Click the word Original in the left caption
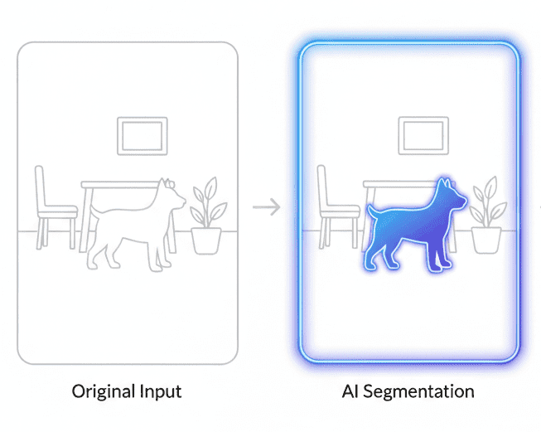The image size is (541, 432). (x=104, y=391)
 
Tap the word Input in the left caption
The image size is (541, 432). (x=161, y=391)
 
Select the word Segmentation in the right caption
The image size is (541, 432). (x=418, y=391)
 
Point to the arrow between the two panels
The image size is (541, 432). (x=267, y=206)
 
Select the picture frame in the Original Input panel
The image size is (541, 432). (x=142, y=118)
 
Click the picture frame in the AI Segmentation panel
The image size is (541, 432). (x=423, y=118)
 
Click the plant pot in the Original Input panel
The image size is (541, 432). (x=206, y=240)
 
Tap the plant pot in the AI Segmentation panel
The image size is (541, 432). (x=486, y=240)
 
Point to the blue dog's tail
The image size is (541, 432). (x=372, y=212)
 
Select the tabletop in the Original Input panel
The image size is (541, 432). (x=119, y=185)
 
